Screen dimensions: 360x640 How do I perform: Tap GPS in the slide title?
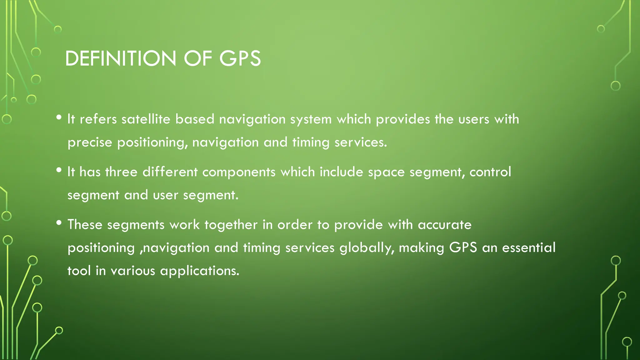pos(240,58)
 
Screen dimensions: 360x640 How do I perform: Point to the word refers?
pos(98,119)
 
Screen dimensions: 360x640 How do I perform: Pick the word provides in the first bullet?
pos(403,119)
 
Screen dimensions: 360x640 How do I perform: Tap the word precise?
pos(90,142)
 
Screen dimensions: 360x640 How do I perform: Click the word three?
pos(121,172)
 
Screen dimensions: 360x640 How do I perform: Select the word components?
pos(239,172)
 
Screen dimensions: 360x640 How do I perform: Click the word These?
pos(85,224)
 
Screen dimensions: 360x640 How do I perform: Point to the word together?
pos(231,225)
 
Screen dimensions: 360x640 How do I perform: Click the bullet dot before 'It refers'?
pos(59,117)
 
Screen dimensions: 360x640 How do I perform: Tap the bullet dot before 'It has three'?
pos(59,170)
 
